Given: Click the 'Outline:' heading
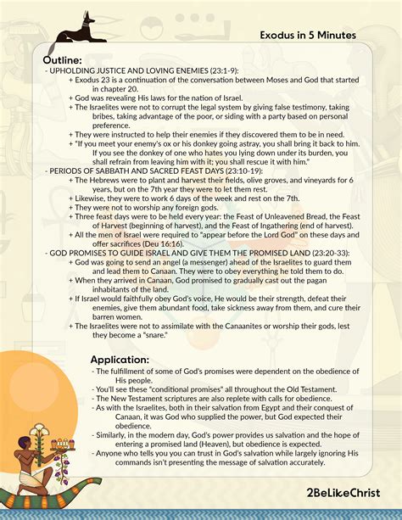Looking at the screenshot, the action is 63,61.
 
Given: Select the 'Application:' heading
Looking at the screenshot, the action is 120,361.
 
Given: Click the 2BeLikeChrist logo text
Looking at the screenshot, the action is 343,492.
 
